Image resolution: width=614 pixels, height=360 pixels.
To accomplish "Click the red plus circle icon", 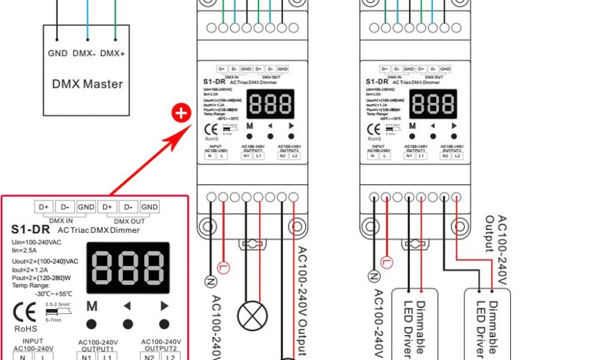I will [x=181, y=113].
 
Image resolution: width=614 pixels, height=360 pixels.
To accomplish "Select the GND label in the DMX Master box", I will [x=58, y=53].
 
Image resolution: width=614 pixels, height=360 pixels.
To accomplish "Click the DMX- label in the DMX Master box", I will [x=85, y=53].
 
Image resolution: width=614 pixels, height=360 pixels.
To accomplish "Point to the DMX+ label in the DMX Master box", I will [x=113, y=53].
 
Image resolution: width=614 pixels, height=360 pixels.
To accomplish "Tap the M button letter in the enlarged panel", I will [x=92, y=307].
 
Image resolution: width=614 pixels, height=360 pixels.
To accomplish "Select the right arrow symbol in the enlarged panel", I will [x=164, y=306].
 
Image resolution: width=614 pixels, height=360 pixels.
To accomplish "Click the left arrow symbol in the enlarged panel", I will [x=127, y=306].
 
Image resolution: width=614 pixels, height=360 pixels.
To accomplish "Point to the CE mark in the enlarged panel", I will [x=25, y=313].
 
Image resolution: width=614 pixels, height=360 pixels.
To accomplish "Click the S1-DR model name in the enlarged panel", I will [x=30, y=229].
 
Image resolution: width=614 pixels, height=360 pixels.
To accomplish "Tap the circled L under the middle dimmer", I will [x=223, y=266].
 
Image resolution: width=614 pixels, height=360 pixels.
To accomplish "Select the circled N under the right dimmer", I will [x=374, y=276].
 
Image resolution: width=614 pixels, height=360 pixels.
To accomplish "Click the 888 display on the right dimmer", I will [x=432, y=104].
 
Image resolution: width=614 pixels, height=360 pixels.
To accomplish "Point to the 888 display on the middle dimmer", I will [x=270, y=104].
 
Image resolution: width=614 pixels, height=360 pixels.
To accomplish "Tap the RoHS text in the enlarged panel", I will [x=25, y=329].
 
